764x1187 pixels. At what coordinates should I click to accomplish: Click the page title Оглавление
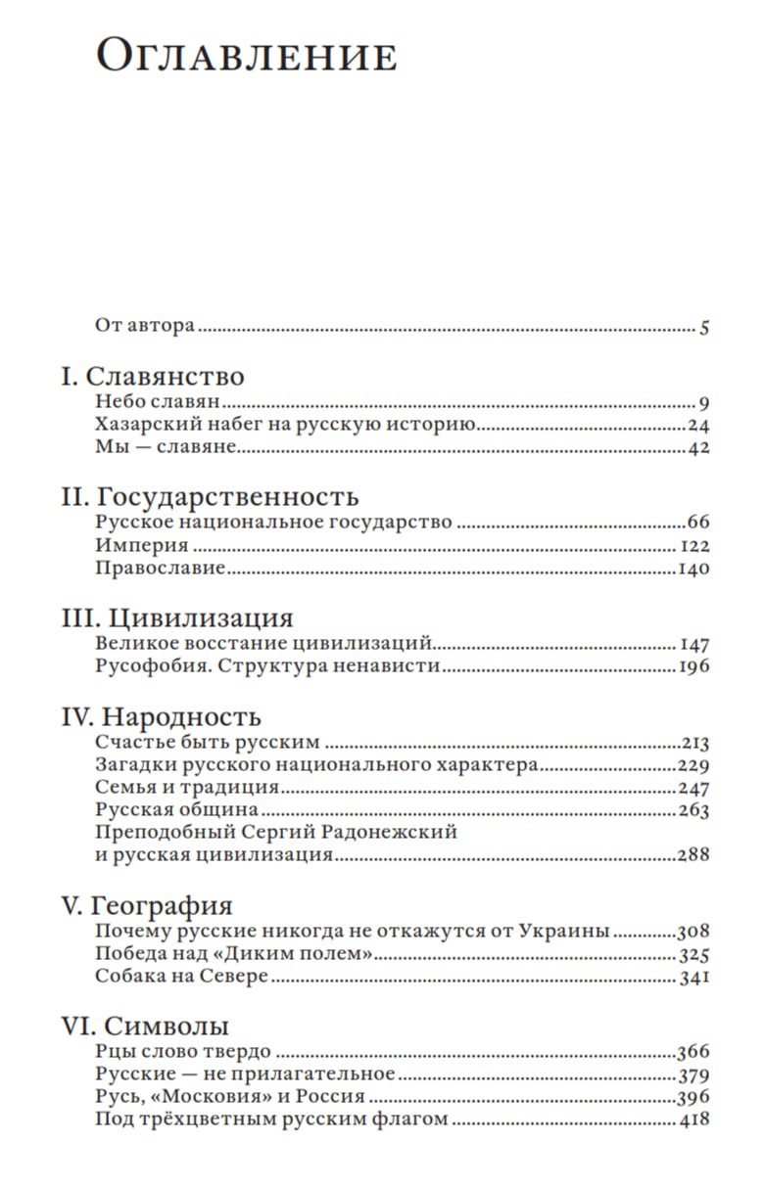click(x=246, y=58)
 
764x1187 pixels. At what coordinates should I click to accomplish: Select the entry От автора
click(x=145, y=326)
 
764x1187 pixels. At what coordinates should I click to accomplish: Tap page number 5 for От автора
click(x=703, y=328)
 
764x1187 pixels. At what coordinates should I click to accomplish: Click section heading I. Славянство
click(x=152, y=377)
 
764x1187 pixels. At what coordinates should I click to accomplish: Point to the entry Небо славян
click(x=162, y=402)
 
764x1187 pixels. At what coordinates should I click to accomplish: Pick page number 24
click(x=697, y=426)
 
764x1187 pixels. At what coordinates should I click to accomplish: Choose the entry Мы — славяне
click(x=167, y=449)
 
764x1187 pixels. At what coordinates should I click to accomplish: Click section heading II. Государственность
click(x=210, y=496)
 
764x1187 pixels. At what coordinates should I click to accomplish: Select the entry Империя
click(x=142, y=546)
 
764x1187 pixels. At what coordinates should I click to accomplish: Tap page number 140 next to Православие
click(x=692, y=569)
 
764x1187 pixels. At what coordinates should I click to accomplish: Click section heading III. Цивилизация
click(x=177, y=618)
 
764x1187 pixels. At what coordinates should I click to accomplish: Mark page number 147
click(x=693, y=645)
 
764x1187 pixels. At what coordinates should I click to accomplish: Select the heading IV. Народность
click(x=161, y=715)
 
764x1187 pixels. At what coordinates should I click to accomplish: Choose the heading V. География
click(x=147, y=904)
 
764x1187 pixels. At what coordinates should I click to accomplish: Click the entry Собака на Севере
click(x=181, y=977)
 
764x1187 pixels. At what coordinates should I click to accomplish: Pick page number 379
click(x=692, y=1074)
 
